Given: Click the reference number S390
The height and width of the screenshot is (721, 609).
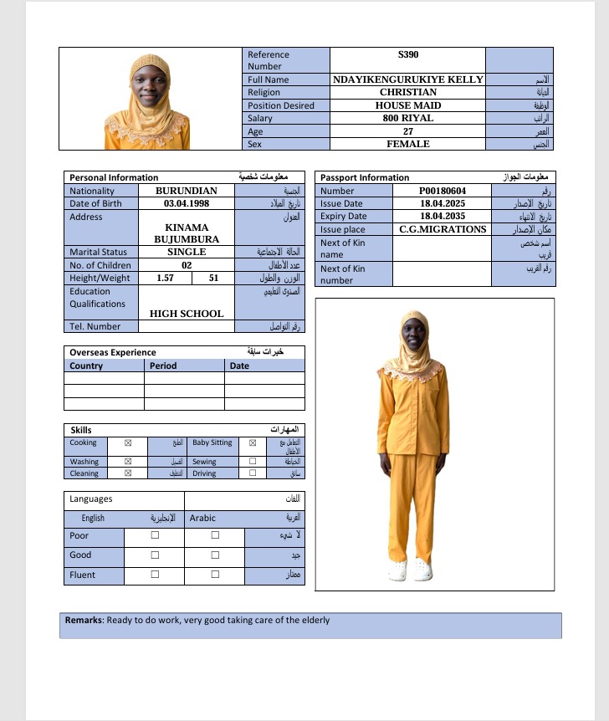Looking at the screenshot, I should pos(408,54).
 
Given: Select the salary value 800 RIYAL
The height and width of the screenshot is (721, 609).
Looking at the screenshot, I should pos(408,118).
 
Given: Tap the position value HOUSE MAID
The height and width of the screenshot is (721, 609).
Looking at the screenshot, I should pos(408,105).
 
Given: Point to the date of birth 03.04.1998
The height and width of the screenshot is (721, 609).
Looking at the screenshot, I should pos(187,203).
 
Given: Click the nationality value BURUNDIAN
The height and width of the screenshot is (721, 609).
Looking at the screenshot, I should pos(187,191).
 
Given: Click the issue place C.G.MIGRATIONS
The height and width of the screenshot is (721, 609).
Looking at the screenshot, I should pos(443,229).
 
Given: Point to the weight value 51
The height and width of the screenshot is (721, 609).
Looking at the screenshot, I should pos(213,278).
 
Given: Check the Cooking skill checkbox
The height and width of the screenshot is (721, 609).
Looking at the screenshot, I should pos(128,443).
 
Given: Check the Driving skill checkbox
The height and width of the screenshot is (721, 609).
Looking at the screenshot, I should pos(253,473).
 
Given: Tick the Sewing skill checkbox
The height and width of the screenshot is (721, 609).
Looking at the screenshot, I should pos(253,462).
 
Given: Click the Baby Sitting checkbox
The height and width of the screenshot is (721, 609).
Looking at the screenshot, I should pos(253,443).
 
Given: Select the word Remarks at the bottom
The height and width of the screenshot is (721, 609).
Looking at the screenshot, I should pos(84,621).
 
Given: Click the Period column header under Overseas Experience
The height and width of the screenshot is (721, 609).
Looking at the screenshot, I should pos(163,366).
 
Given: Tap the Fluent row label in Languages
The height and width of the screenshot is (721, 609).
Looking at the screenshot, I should pos(82,575).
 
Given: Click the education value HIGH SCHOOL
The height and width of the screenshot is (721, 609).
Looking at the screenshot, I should pos(187,314).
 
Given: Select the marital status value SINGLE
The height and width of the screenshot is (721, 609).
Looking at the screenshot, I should pos(187,252).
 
